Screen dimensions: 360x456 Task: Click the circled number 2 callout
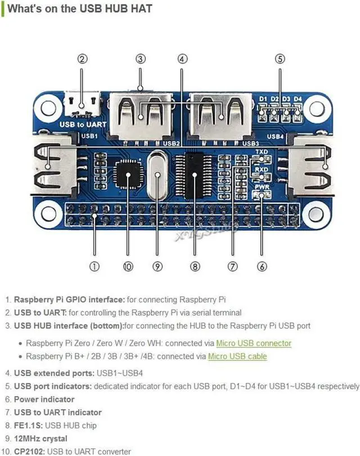click(x=82, y=59)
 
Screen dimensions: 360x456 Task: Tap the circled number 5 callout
click(x=280, y=59)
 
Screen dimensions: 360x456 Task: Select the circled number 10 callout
click(x=128, y=266)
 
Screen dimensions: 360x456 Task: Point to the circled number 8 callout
click(x=195, y=266)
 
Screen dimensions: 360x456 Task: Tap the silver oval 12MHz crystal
click(x=157, y=175)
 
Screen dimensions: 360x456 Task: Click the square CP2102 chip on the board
click(x=128, y=174)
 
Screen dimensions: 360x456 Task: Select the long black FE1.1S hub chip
click(x=195, y=176)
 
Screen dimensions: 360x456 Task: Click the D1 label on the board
click(x=263, y=99)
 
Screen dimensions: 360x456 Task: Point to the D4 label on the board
click(x=298, y=99)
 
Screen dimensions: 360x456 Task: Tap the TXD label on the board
click(x=262, y=152)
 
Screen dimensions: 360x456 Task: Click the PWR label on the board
click(x=262, y=187)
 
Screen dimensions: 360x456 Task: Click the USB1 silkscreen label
click(x=89, y=136)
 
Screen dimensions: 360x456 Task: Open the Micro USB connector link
click(x=254, y=343)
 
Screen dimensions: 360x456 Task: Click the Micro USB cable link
click(x=237, y=356)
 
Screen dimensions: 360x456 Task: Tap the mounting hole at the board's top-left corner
click(x=48, y=108)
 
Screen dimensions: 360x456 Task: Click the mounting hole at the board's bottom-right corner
click(x=316, y=214)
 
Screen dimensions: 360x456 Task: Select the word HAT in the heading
click(x=141, y=8)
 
